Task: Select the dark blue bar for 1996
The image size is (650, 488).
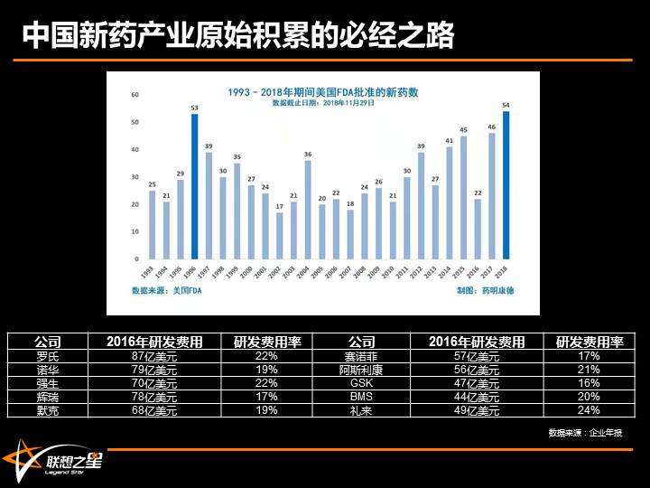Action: click(x=194, y=186)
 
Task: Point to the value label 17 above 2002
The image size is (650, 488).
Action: click(x=280, y=205)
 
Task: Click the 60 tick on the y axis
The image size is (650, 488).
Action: click(x=135, y=94)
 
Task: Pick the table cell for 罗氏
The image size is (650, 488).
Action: click(x=48, y=356)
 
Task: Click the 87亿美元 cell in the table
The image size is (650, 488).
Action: click(x=154, y=356)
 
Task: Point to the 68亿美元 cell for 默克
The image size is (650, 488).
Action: click(x=154, y=410)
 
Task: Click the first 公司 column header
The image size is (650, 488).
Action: click(x=48, y=342)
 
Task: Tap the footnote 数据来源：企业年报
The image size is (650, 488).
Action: click(x=590, y=433)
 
